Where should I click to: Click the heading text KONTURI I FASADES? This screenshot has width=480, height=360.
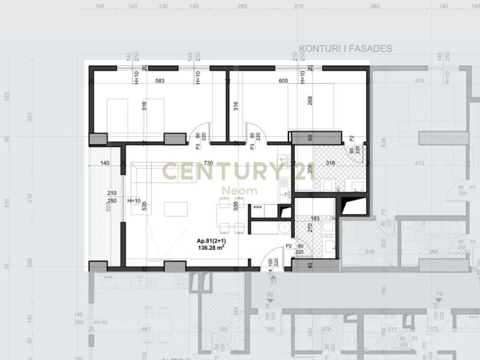coord(346,49)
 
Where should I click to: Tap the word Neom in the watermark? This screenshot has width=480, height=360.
coord(241,191)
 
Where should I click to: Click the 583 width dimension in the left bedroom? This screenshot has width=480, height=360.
coord(160,81)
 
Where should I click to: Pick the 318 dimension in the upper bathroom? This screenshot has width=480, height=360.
coord(330,163)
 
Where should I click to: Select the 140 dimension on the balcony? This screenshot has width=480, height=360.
coord(105,163)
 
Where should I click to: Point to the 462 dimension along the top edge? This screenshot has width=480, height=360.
coord(375,7)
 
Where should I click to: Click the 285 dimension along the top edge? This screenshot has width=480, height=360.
coord(242,7)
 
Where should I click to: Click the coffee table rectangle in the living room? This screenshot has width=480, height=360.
coord(175,209)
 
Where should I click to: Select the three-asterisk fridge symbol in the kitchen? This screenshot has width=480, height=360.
coord(258,208)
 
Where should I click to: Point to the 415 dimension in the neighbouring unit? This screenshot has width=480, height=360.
coord(419,81)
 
